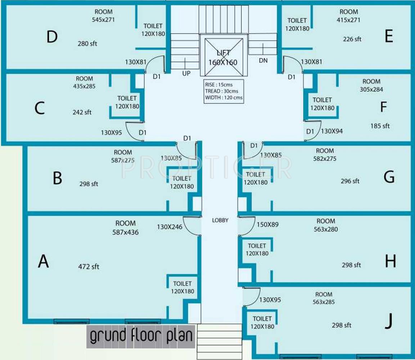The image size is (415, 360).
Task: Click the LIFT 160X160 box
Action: (x=223, y=57)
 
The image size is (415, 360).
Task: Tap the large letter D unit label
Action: (x=52, y=37)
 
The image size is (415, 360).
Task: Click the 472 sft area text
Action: (x=89, y=267)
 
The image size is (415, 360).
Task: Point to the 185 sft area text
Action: (x=380, y=126)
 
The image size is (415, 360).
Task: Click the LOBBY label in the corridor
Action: (x=220, y=220)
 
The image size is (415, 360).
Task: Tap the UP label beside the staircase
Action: (x=186, y=73)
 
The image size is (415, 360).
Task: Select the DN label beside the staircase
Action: (x=263, y=60)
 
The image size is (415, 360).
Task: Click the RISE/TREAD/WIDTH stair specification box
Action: (x=223, y=91)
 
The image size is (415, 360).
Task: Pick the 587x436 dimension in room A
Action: (x=125, y=232)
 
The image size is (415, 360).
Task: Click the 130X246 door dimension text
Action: (x=170, y=227)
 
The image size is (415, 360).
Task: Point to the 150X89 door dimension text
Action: (x=267, y=225)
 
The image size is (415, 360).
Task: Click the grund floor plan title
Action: (x=141, y=336)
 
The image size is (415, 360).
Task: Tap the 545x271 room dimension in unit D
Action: (x=103, y=19)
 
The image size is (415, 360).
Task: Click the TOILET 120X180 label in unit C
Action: (x=127, y=102)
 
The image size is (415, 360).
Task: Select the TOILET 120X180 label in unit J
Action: (x=262, y=323)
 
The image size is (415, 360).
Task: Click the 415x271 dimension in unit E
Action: (x=349, y=20)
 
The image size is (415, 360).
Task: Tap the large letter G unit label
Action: (x=389, y=177)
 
